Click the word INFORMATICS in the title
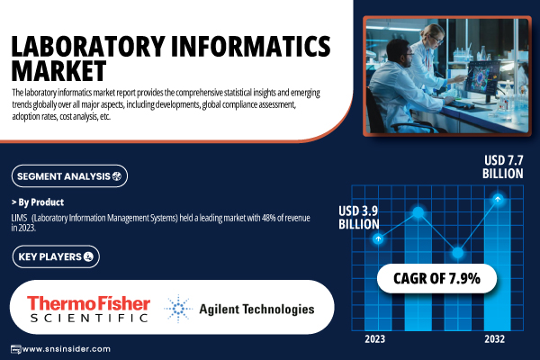(251, 46)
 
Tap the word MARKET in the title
(58, 70)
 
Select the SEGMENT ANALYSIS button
(69, 176)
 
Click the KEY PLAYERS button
(56, 256)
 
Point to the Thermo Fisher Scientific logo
(89, 309)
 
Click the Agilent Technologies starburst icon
(178, 309)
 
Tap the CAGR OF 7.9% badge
(436, 278)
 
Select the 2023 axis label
(374, 339)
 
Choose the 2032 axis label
(494, 339)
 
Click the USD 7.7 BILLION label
(503, 167)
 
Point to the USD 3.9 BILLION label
(358, 218)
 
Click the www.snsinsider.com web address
(66, 349)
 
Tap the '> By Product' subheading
(38, 202)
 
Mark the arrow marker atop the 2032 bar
(498, 199)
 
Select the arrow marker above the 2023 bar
(378, 238)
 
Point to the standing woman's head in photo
(433, 35)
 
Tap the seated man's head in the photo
(400, 53)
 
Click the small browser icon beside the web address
(16, 349)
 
